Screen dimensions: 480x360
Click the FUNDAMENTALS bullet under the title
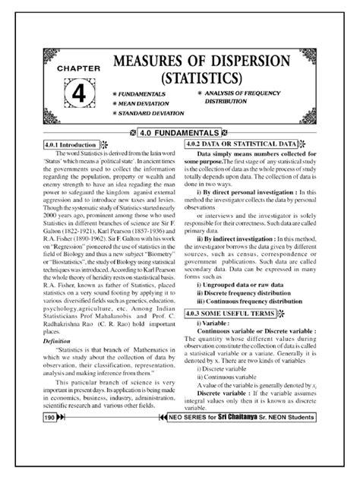144,94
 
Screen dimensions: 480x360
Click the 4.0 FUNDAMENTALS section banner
180,132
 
